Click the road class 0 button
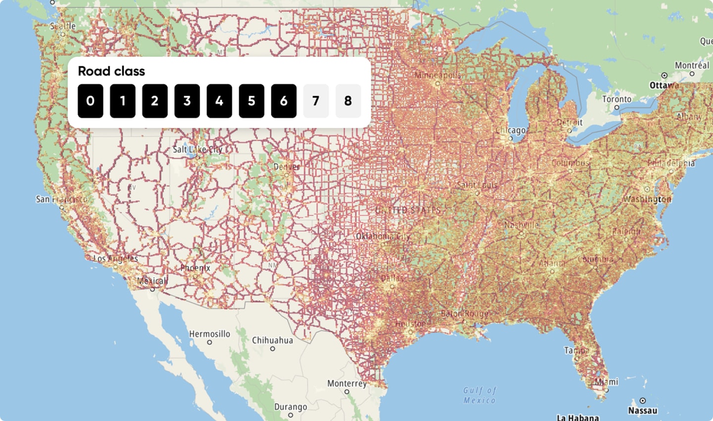(90, 101)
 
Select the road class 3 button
(187, 101)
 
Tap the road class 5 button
(252, 101)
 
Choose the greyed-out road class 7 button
(316, 101)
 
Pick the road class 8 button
(348, 101)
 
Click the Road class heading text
(111, 71)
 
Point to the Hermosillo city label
(209, 334)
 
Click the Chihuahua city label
(272, 340)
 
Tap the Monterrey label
(347, 383)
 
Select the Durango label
(291, 407)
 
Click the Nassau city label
(643, 410)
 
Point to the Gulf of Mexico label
(479, 395)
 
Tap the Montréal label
(692, 65)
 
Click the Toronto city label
(616, 99)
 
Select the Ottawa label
(664, 85)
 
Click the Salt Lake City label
(198, 149)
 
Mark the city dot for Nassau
(643, 401)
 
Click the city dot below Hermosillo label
(209, 342)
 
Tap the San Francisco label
(61, 199)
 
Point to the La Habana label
(577, 417)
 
